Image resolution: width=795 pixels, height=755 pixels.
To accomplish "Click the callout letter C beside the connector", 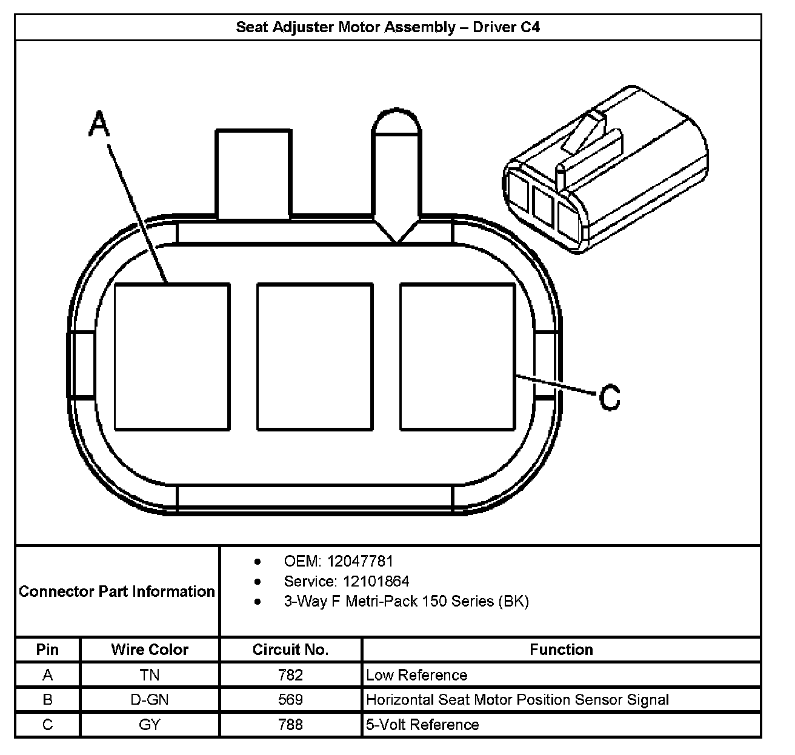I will (x=609, y=397).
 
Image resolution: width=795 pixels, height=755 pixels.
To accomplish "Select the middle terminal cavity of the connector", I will (x=314, y=357).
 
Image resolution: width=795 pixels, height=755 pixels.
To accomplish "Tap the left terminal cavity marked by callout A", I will (x=172, y=357).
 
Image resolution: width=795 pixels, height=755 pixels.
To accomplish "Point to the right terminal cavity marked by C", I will (x=457, y=357).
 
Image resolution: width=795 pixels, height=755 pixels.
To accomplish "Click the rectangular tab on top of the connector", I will (x=252, y=173).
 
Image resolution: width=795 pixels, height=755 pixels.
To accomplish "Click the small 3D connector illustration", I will (x=605, y=170).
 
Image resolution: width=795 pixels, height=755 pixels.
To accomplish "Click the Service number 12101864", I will (x=376, y=582).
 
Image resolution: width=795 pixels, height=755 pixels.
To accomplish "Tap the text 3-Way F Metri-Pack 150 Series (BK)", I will (x=406, y=602).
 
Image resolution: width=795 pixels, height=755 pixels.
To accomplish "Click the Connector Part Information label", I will (x=117, y=591).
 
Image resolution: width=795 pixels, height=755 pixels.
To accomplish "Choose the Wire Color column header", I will (x=150, y=650).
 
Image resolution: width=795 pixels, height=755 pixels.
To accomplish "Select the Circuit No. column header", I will (x=290, y=650).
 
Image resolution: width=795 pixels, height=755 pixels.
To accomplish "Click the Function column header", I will (x=561, y=650).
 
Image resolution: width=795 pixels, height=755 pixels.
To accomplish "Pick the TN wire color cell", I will (x=150, y=675).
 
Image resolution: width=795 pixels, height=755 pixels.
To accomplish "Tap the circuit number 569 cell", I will (x=290, y=700).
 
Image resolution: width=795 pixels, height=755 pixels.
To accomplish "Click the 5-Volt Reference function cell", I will (x=422, y=725).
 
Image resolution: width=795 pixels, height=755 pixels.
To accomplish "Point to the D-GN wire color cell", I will (x=150, y=700).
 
